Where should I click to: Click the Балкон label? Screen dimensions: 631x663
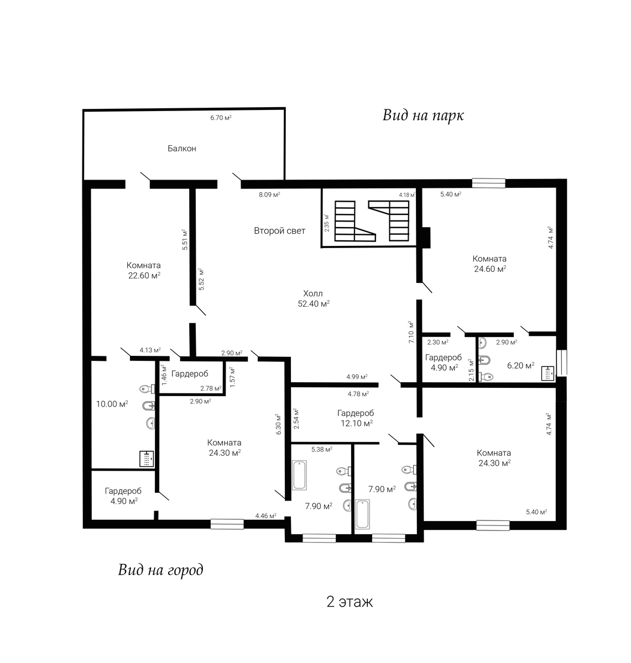tap(181, 149)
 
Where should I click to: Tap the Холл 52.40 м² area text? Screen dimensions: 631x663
tap(314, 298)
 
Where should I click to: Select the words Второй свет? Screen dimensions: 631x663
tap(279, 230)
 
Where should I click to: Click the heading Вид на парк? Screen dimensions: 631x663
tap(423, 115)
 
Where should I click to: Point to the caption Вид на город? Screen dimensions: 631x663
tap(160, 570)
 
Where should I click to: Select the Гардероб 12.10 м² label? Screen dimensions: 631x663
tap(356, 418)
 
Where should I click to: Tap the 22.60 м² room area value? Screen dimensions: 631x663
tap(144, 276)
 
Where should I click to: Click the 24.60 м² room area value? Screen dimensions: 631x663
tap(490, 269)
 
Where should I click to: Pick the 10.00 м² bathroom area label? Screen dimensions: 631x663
tap(112, 404)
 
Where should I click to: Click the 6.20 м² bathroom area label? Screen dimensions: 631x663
tap(520, 366)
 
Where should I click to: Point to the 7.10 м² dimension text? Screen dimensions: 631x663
tap(411, 332)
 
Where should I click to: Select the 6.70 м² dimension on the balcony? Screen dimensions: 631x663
tap(221, 118)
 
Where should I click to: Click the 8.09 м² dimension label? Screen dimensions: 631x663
tap(269, 194)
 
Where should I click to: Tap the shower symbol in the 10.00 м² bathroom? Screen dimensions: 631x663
tap(147, 459)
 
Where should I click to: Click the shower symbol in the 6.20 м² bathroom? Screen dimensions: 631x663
tap(547, 373)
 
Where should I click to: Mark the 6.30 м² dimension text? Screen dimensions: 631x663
tap(279, 424)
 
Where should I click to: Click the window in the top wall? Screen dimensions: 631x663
tap(488, 183)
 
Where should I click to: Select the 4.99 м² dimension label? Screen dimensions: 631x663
tap(357, 376)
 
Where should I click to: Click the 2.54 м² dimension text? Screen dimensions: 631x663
tap(296, 418)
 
